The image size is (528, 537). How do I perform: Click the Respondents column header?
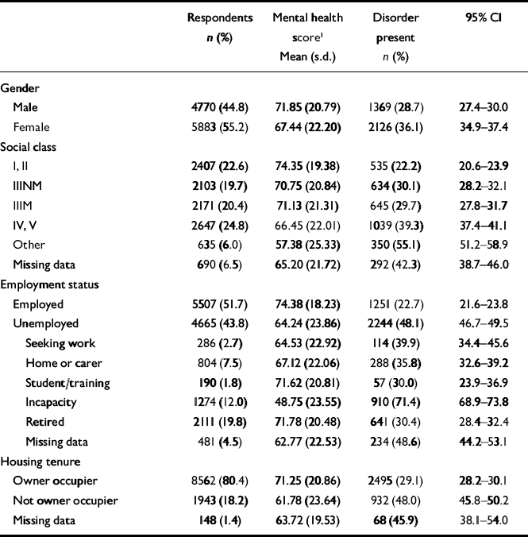pos(220,17)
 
